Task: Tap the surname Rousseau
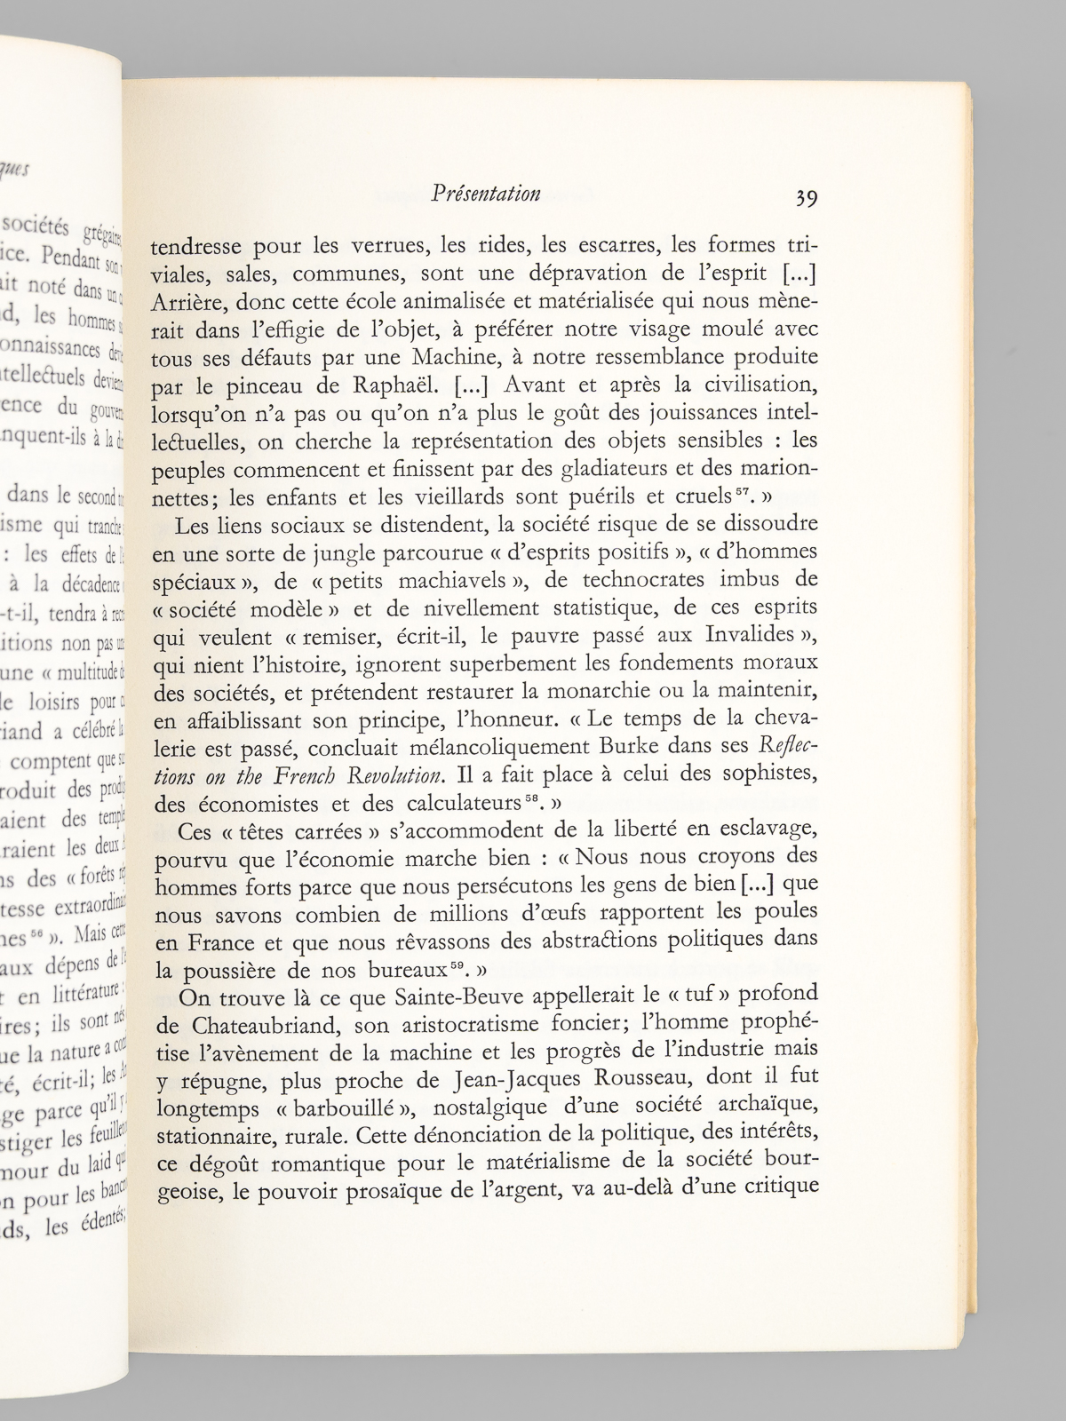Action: (646, 1078)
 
